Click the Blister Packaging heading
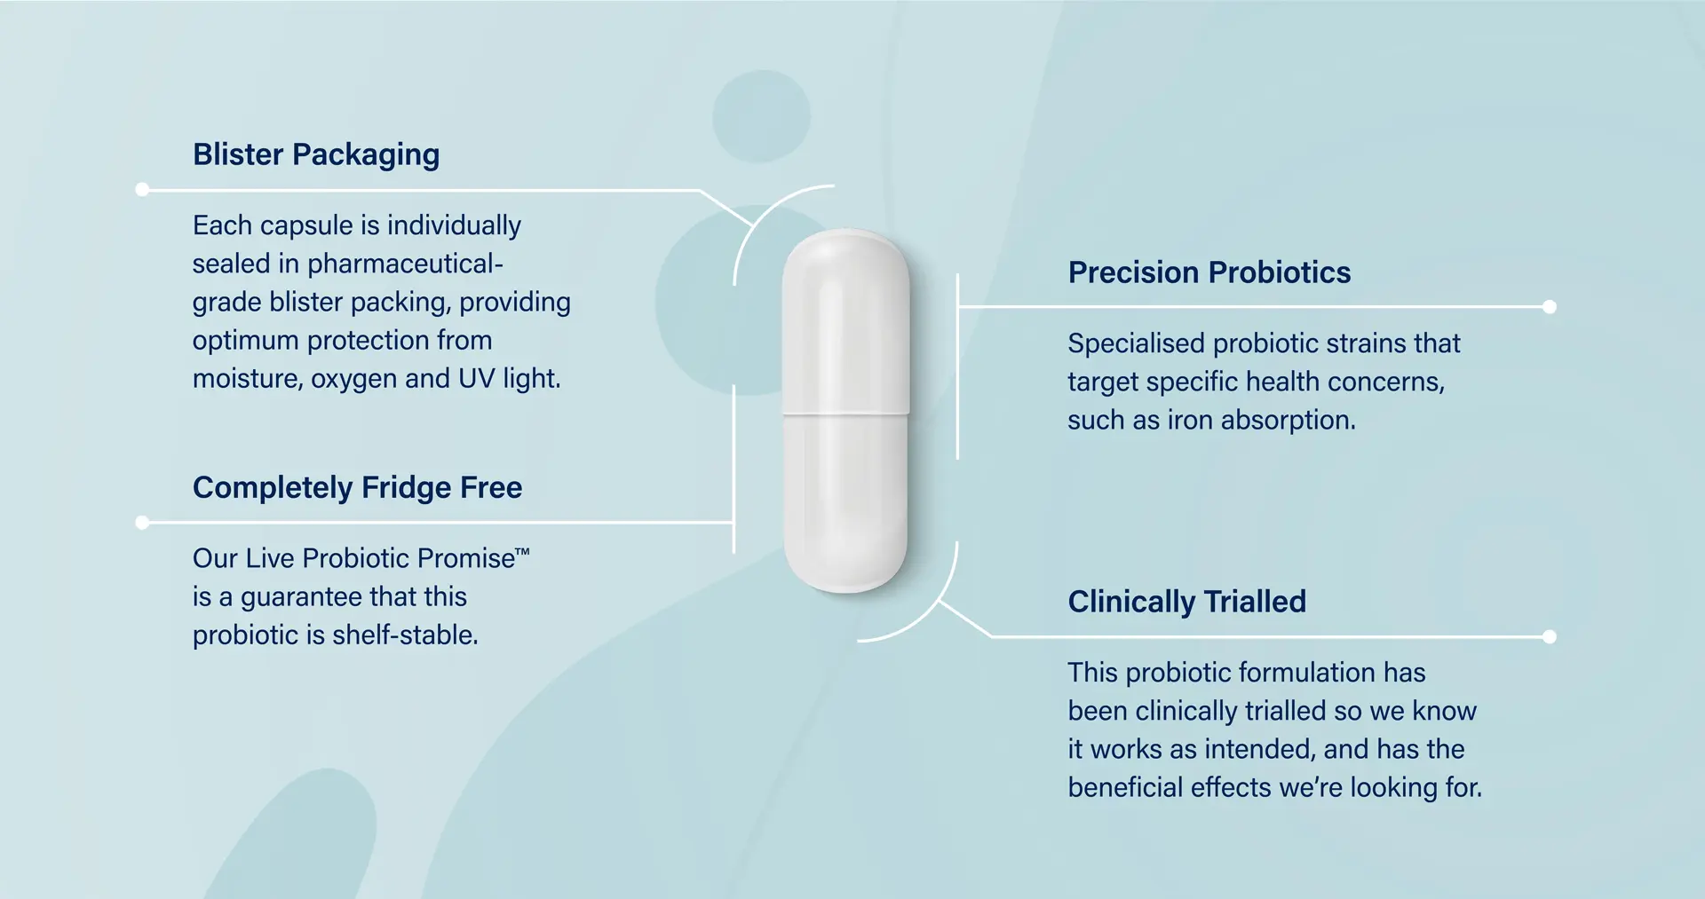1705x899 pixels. point(316,154)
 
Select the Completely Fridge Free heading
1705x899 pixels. point(357,487)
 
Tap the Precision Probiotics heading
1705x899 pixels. point(1209,272)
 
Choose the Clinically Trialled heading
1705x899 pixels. point(1186,602)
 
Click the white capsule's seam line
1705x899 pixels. point(845,414)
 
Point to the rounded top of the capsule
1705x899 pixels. point(845,253)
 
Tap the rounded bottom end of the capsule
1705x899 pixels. point(845,572)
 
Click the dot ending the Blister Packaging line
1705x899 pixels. point(142,189)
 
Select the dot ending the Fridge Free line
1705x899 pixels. point(142,523)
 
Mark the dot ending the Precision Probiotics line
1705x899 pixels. point(1550,307)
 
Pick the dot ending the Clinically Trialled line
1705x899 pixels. point(1550,636)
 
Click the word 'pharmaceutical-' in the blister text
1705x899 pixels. point(405,264)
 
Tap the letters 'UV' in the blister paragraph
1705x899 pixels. point(477,379)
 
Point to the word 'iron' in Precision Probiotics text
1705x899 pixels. point(1190,420)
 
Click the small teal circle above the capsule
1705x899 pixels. point(761,116)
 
